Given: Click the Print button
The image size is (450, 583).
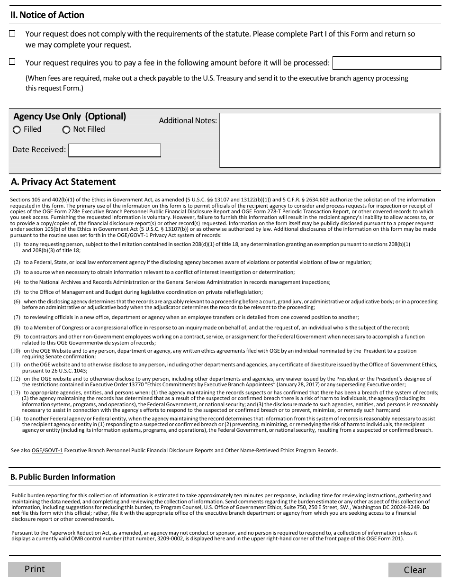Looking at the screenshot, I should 35,569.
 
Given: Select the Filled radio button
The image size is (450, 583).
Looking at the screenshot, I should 17,130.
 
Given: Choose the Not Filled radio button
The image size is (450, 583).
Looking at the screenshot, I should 66,130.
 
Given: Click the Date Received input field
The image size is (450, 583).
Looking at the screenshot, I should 115,150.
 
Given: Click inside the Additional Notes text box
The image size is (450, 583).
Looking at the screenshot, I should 330,140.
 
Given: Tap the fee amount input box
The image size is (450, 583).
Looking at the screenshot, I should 387,63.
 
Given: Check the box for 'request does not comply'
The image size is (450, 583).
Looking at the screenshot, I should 12,34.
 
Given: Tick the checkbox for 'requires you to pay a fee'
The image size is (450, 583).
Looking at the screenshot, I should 12,62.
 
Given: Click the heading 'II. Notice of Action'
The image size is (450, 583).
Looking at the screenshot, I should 47,15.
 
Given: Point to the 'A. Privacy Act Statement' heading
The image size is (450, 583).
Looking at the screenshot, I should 63,182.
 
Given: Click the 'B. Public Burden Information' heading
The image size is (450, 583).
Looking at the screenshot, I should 63,477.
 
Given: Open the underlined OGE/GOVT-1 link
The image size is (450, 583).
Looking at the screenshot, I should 47,451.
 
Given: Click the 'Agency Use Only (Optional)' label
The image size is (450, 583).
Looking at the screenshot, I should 70,117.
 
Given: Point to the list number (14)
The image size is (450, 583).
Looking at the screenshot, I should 16,419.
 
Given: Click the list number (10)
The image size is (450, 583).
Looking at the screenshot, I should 16,351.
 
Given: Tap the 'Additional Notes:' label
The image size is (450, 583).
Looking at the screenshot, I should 188,121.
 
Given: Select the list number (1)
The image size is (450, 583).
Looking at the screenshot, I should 17,245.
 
